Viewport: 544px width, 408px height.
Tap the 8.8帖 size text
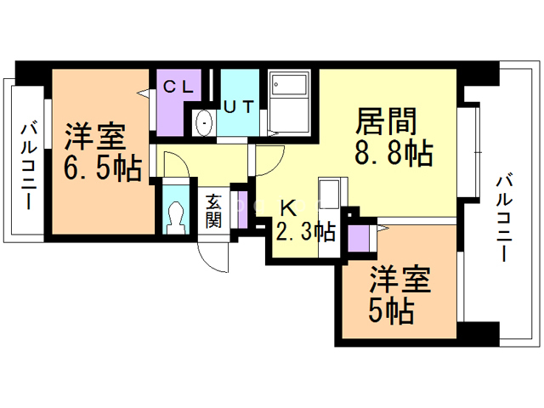pos(393,155)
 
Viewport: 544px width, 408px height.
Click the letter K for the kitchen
pos(289,207)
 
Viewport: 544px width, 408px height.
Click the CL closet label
pos(179,86)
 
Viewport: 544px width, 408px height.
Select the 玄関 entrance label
pos(213,212)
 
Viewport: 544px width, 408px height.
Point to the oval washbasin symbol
pos(205,123)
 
